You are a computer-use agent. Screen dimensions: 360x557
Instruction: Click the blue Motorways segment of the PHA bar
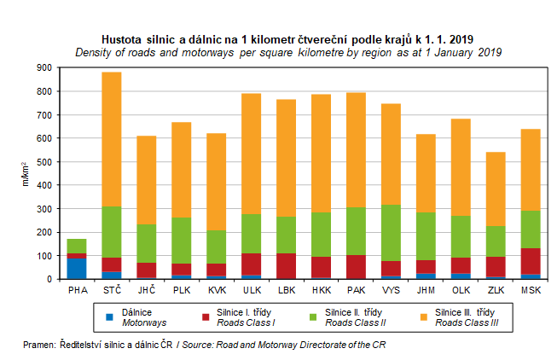77,268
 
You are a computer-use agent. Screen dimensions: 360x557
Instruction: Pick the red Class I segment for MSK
531,261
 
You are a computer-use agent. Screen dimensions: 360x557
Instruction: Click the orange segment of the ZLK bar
496,189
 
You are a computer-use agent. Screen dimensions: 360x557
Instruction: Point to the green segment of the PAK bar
357,231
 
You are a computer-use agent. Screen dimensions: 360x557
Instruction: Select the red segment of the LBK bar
287,265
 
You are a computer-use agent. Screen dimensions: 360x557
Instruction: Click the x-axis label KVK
217,290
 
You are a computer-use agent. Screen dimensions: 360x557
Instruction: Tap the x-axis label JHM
426,290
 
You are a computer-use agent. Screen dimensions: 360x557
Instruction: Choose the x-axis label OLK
461,290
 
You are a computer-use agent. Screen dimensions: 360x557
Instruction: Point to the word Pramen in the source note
39,345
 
